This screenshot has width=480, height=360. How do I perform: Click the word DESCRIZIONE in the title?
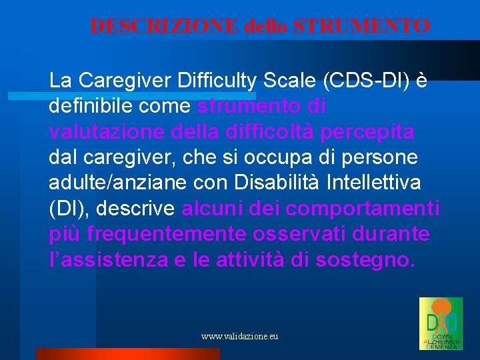pyautogui.click(x=164, y=26)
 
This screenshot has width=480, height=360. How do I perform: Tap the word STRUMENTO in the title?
pyautogui.click(x=362, y=26)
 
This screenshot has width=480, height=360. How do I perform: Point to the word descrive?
pyautogui.click(x=137, y=209)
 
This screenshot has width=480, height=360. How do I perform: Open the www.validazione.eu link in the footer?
pyautogui.click(x=240, y=337)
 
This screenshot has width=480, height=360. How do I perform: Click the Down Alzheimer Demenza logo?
pyautogui.click(x=440, y=323)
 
